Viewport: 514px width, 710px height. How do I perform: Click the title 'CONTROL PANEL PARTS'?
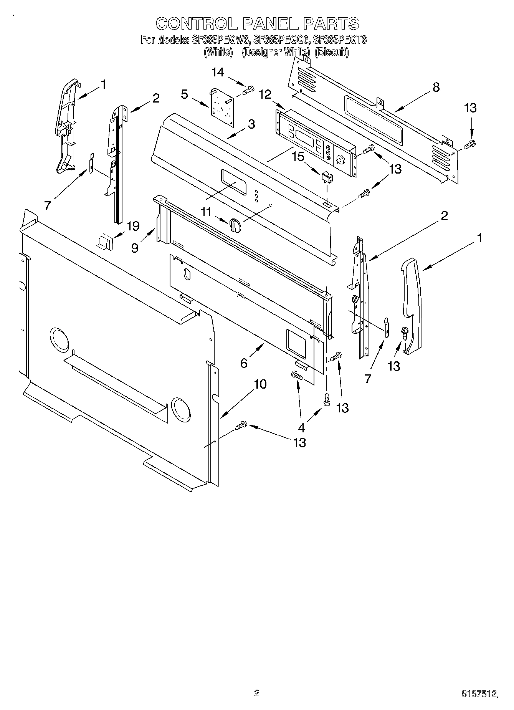257,24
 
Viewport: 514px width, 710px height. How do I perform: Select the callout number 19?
133,226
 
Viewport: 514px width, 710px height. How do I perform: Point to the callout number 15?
298,157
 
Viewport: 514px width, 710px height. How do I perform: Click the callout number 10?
260,384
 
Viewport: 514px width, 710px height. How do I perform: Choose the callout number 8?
436,87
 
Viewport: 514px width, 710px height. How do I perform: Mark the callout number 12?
265,94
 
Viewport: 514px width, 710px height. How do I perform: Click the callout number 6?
243,362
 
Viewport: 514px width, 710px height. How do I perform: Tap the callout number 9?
135,248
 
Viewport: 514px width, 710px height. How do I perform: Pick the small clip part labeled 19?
104,242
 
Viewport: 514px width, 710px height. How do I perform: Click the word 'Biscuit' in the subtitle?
331,53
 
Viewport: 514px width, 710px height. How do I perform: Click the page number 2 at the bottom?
256,693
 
